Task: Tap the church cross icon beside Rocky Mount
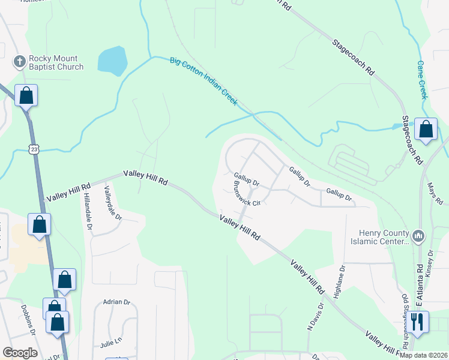[x=19, y=62]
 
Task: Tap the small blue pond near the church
[x=112, y=61]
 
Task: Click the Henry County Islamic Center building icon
[x=419, y=235]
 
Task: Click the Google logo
[x=20, y=353]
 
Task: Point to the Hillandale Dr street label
[x=88, y=211]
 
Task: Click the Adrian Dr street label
[x=116, y=302]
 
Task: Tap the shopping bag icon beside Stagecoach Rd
[x=426, y=130]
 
